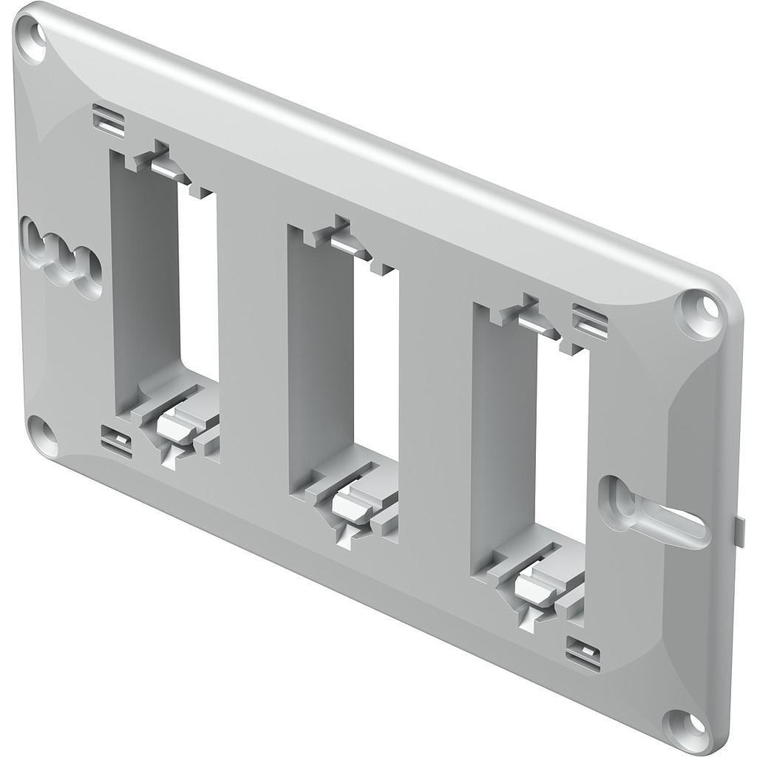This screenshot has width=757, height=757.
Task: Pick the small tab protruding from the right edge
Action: click(x=739, y=531)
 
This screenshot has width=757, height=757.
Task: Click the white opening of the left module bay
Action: click(x=198, y=285)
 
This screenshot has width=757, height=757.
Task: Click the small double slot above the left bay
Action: click(x=109, y=120)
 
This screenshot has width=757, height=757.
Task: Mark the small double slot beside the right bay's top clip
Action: click(x=590, y=322)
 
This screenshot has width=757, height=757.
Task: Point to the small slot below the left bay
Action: click(x=116, y=441)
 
